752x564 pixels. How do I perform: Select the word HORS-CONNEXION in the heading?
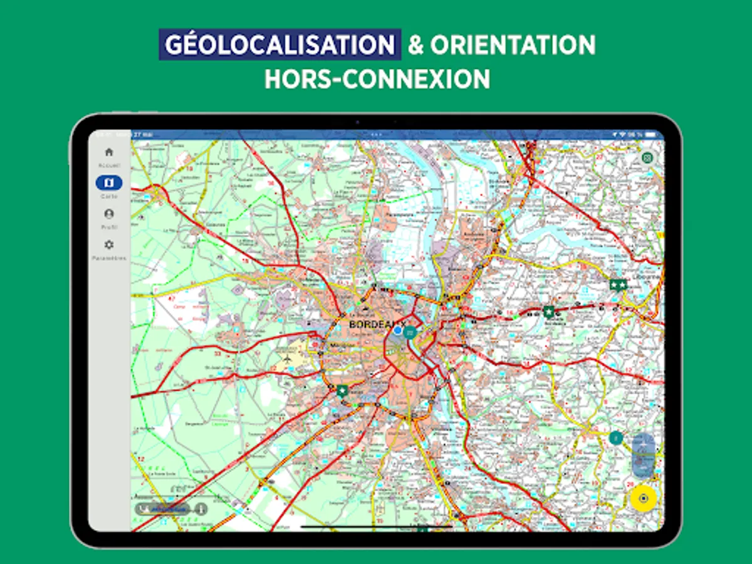[x=377, y=80]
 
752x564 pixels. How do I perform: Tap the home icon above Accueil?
[x=109, y=152]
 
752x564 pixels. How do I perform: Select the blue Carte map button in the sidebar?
[x=109, y=183]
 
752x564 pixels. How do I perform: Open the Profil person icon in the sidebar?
[x=109, y=214]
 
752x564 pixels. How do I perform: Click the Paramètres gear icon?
[x=109, y=244]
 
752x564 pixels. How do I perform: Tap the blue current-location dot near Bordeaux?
[x=397, y=330]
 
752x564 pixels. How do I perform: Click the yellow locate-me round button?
[x=643, y=499]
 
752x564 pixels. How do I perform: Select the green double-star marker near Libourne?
[x=618, y=285]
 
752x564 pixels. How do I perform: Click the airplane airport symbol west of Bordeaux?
[x=288, y=359]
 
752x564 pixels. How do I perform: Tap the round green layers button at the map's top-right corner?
[x=647, y=157]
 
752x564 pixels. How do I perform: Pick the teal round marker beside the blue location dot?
[x=410, y=332]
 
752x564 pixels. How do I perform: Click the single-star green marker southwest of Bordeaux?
[x=342, y=391]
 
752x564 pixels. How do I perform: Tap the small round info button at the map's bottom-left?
[x=201, y=509]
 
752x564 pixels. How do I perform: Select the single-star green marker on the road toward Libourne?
[x=549, y=311]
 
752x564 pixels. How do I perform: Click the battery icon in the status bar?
[x=652, y=135]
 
